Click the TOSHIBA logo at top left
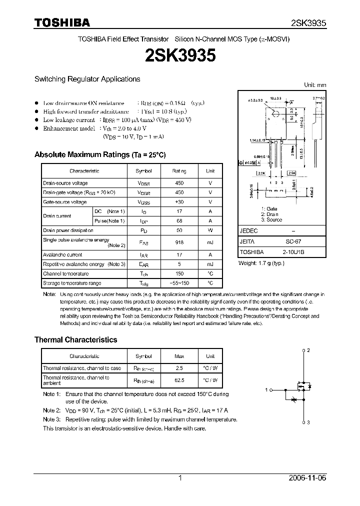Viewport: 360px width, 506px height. click(62, 22)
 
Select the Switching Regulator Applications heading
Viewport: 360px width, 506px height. click(87, 79)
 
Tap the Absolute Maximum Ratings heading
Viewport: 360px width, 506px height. click(99, 154)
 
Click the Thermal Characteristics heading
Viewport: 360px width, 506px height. click(75, 339)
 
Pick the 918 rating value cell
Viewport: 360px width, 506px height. click(179, 242)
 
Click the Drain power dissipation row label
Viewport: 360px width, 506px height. click(68, 230)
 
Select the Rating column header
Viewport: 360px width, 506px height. click(179, 171)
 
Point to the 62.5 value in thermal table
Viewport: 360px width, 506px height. click(179, 380)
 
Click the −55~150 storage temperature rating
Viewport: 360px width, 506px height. click(179, 283)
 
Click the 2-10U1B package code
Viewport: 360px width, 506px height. click(292, 252)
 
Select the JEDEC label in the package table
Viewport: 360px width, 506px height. click(248, 231)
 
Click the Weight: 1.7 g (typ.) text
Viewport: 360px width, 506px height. click(261, 262)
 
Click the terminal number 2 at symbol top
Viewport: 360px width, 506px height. click(308, 350)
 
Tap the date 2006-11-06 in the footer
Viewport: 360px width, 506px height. click(308, 478)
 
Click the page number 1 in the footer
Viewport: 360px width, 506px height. click(180, 478)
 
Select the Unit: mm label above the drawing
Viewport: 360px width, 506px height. click(315, 85)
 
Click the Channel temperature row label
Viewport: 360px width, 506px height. click(65, 273)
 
